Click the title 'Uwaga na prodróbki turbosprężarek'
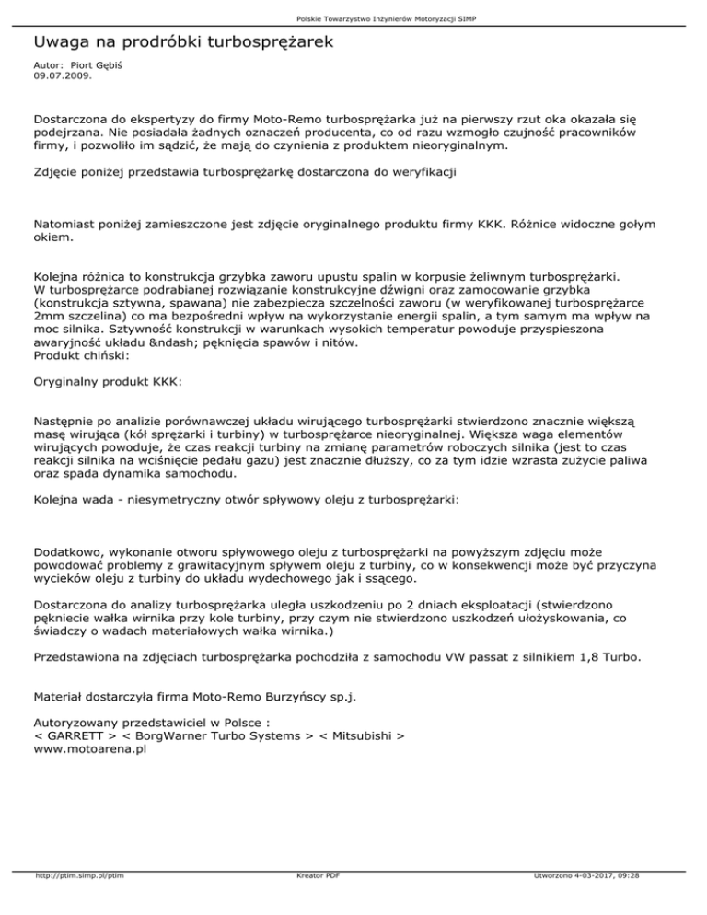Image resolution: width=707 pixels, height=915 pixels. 182,42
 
